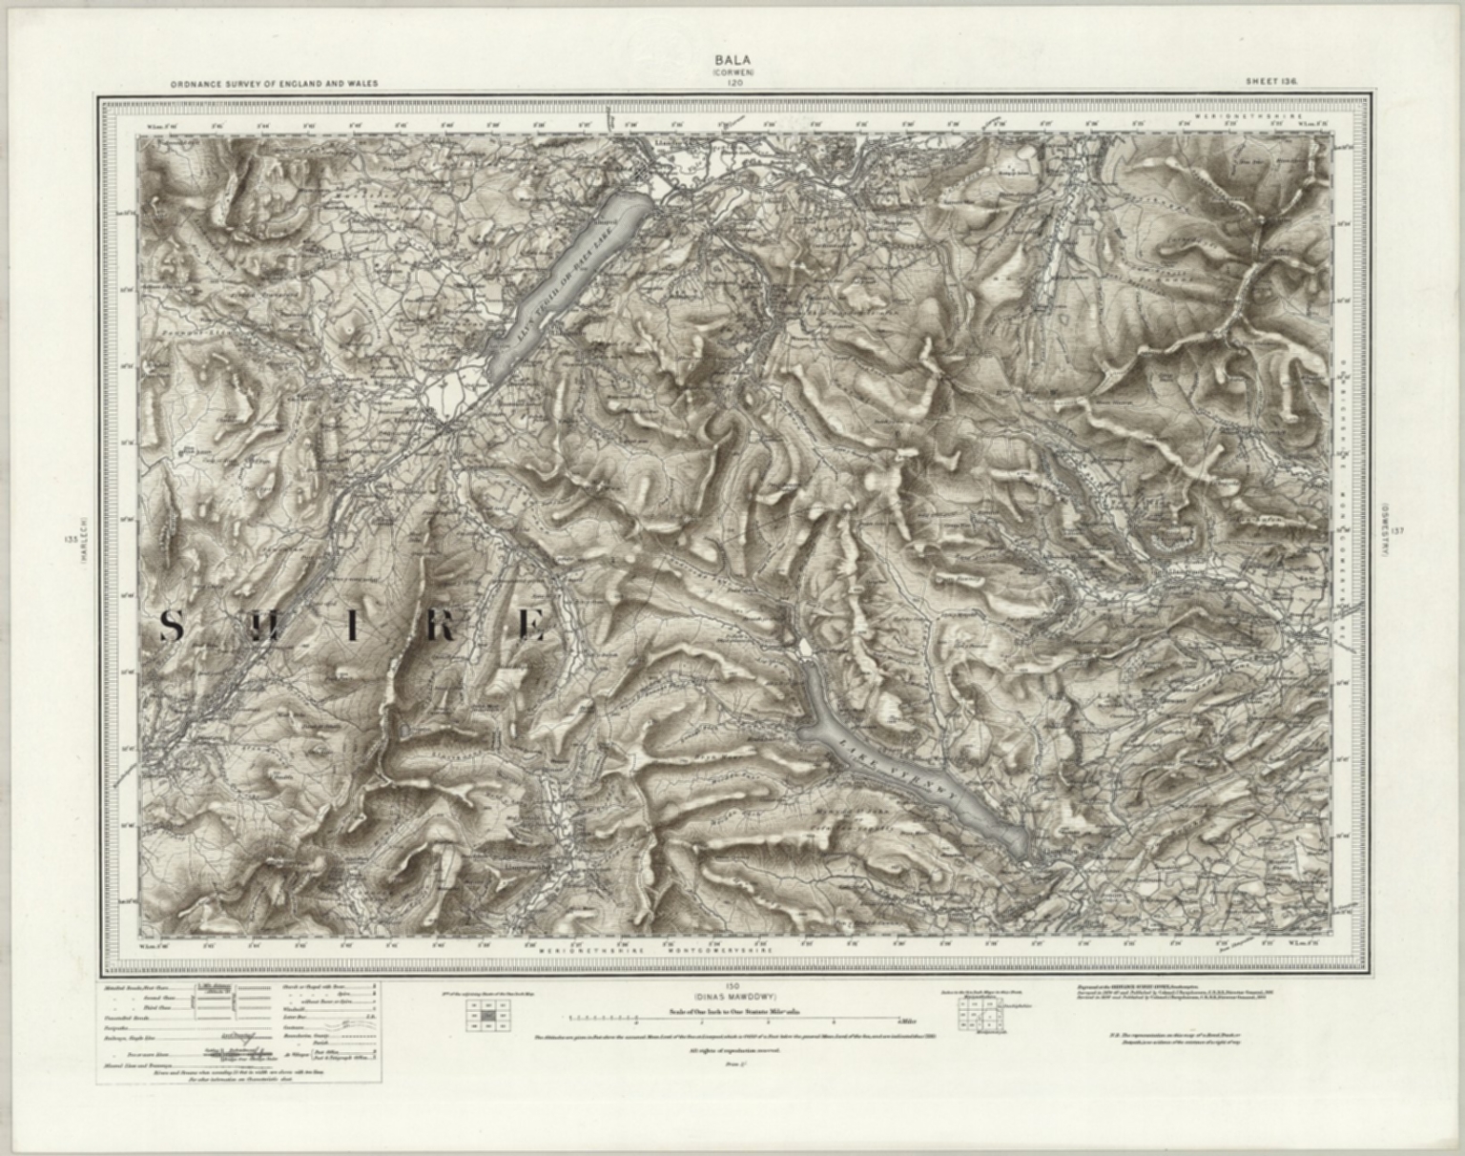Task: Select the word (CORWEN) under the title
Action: [732, 72]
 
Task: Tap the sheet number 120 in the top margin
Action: [732, 83]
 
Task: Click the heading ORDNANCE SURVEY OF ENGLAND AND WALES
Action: [275, 84]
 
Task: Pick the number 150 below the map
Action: [732, 983]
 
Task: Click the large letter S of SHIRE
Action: [172, 627]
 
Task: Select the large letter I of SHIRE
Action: [352, 628]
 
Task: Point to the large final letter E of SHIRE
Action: [531, 627]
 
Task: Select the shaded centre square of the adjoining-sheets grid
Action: [488, 1017]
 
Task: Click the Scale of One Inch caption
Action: [732, 1008]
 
